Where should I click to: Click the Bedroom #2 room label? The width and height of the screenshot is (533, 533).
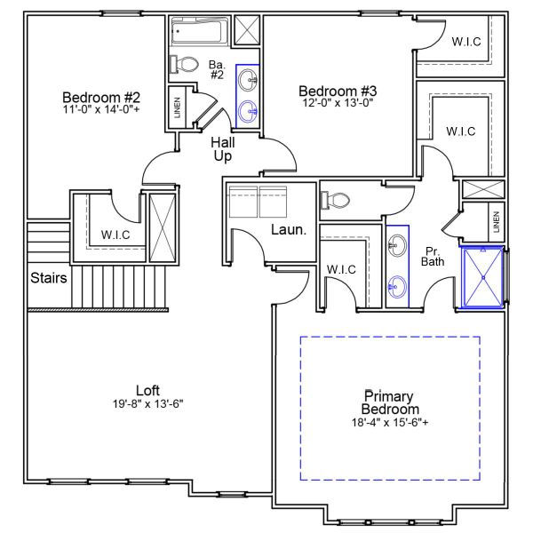coord(101,97)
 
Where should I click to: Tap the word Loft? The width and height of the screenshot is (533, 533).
coord(147,390)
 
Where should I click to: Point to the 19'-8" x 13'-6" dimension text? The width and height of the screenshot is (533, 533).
coord(147,402)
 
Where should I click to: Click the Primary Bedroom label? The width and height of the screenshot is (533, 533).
coord(390,402)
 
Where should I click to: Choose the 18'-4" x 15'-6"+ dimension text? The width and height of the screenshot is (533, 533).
coord(390,423)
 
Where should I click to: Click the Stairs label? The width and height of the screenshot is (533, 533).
coord(49,278)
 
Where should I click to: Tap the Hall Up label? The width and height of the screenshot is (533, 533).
coord(222,149)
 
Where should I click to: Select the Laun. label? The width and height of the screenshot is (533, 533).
coord(289,230)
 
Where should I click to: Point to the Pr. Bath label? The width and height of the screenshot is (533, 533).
coord(433,256)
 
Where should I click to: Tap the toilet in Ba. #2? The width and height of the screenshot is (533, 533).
coord(187,65)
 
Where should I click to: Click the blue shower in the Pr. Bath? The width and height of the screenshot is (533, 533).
coord(483,277)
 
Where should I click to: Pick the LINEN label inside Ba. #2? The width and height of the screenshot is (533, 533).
coord(178,108)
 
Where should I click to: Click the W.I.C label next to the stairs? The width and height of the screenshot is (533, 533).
coord(116,235)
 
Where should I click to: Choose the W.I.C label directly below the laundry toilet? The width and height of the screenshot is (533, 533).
coord(342,268)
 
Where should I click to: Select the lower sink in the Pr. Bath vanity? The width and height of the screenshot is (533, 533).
coord(398,286)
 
